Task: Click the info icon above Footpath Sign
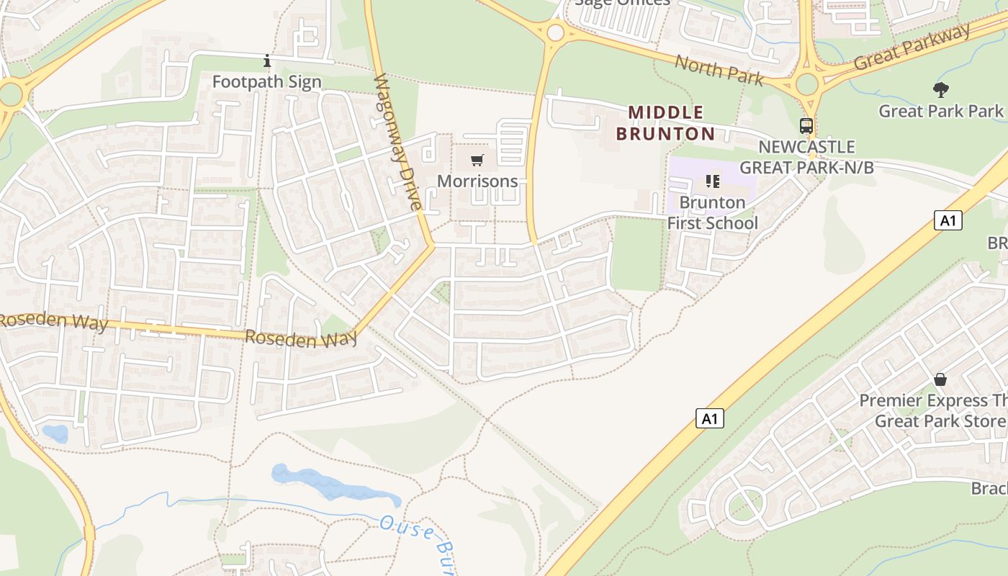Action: click(267, 61)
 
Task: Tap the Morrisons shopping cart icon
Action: click(477, 160)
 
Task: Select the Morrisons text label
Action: click(477, 181)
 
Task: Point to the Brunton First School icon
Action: click(713, 181)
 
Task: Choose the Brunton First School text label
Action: click(712, 212)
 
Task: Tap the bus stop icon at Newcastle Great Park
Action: click(806, 126)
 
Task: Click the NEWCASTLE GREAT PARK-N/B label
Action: click(806, 157)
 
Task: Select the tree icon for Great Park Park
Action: click(940, 90)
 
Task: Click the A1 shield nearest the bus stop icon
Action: click(948, 220)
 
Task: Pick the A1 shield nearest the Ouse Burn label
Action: click(710, 418)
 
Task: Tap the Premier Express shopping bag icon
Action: click(940, 379)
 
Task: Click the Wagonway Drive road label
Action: click(397, 142)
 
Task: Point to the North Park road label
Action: click(718, 69)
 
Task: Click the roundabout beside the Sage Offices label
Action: click(555, 32)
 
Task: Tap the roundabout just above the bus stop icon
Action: click(807, 84)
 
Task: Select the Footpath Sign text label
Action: click(266, 82)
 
